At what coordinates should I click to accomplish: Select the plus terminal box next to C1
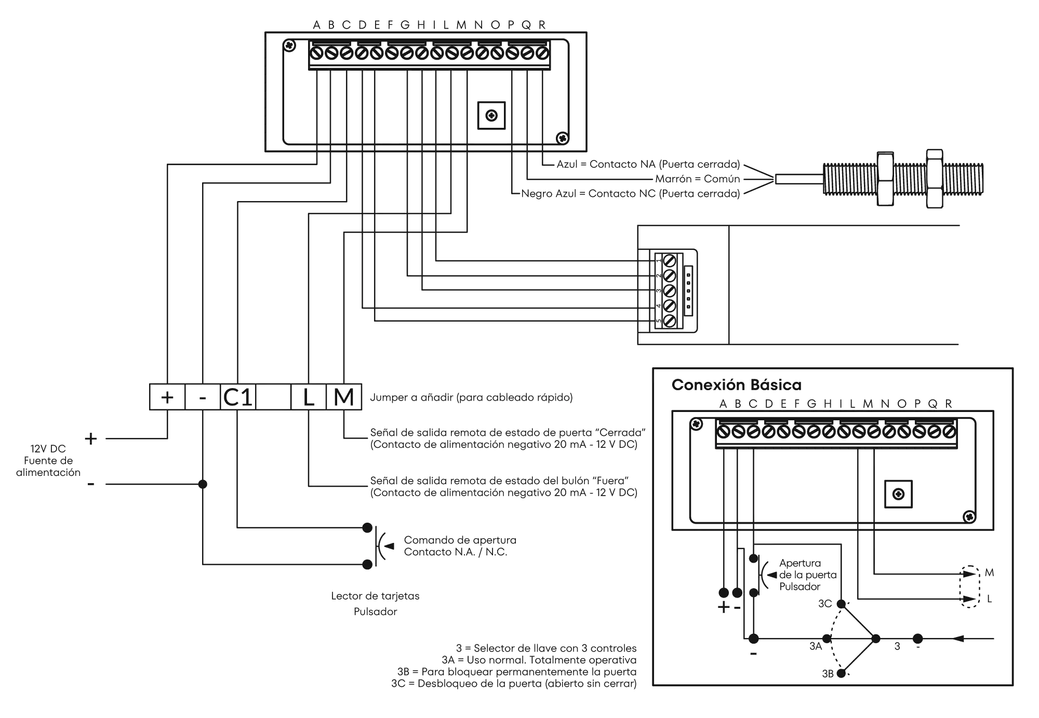(x=167, y=397)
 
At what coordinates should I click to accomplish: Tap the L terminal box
(x=309, y=397)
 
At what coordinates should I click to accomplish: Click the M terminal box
(x=344, y=397)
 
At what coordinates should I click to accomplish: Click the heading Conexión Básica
(x=737, y=385)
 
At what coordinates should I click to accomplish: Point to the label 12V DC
(x=47, y=449)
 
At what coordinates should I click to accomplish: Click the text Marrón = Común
(x=697, y=179)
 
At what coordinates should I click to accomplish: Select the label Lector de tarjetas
(x=375, y=596)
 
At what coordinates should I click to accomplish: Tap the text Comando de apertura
(x=461, y=540)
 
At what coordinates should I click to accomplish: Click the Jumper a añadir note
(x=472, y=397)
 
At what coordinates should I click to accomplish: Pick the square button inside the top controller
(x=491, y=115)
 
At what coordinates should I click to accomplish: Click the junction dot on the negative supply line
(x=203, y=484)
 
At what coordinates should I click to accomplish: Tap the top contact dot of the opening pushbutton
(x=367, y=528)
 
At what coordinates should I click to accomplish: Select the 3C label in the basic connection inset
(x=825, y=604)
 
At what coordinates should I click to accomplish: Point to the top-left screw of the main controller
(x=290, y=46)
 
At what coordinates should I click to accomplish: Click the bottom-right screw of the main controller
(x=562, y=139)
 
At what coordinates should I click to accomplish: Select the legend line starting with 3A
(x=539, y=660)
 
